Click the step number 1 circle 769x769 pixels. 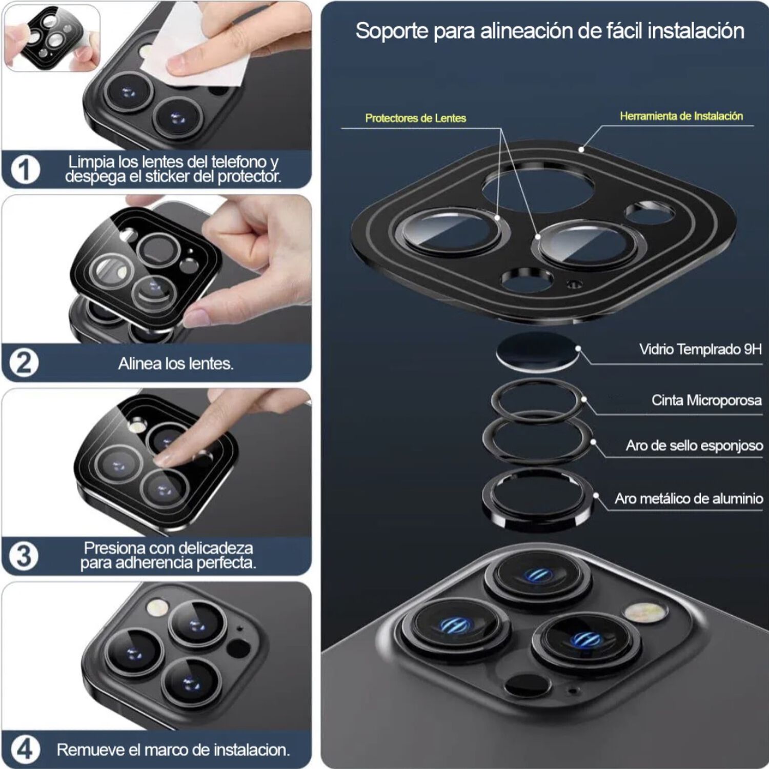click(x=25, y=169)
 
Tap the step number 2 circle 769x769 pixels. click(x=24, y=363)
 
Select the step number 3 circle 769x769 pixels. click(x=24, y=556)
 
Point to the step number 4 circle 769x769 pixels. click(x=25, y=750)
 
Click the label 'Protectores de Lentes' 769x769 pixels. click(x=415, y=118)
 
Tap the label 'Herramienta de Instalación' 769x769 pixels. click(x=681, y=116)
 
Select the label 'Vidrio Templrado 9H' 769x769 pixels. click(x=700, y=349)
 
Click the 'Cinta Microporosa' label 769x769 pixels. click(x=706, y=400)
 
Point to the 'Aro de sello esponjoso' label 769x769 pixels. click(x=694, y=446)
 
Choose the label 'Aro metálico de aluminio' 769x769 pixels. click(x=689, y=498)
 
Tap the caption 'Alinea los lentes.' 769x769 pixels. click(x=176, y=363)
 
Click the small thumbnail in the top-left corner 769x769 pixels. click(x=52, y=37)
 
